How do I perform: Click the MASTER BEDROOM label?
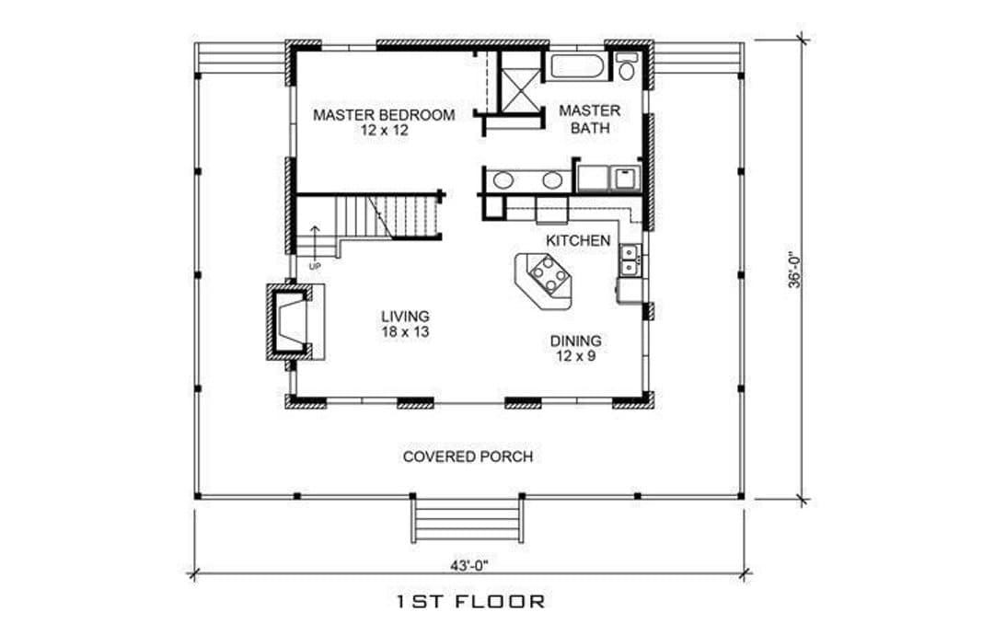384,115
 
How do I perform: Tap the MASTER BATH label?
590,119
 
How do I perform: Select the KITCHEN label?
578,241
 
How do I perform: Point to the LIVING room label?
405,316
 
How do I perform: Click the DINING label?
575,341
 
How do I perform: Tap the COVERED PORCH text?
468,456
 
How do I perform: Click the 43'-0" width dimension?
469,565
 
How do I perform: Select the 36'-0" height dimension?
795,271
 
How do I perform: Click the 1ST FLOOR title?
470,601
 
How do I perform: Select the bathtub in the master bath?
577,68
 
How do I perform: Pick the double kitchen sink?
630,260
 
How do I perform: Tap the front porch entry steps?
468,519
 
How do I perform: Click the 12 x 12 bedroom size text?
384,132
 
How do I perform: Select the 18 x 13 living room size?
405,330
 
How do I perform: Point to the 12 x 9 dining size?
575,356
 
